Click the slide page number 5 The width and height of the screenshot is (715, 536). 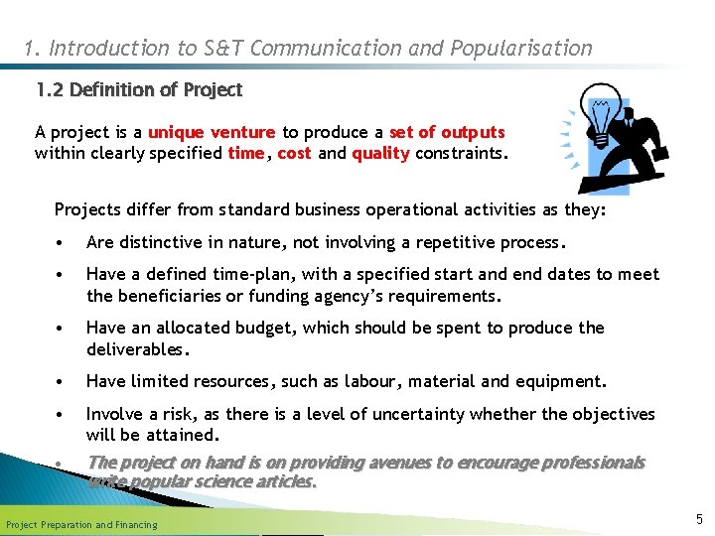point(699,518)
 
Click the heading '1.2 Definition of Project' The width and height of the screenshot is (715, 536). point(139,90)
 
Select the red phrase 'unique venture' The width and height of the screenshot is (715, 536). point(212,133)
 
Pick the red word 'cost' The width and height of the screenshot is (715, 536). point(294,154)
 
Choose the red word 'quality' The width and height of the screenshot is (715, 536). point(380,154)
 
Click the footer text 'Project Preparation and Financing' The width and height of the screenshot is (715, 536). point(81,524)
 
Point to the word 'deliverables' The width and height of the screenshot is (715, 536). point(136,349)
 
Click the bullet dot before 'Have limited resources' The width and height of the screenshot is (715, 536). point(63,382)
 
